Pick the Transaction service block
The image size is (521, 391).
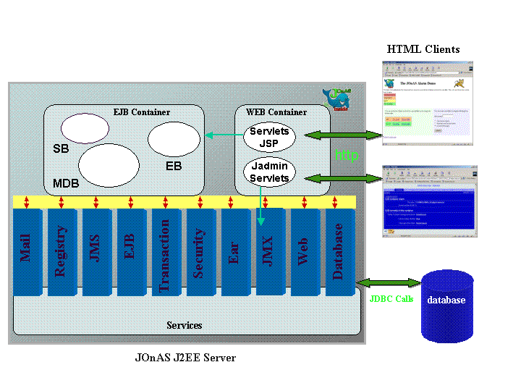click(x=165, y=253)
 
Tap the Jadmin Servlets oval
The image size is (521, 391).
click(x=269, y=173)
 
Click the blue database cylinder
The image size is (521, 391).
click(x=446, y=304)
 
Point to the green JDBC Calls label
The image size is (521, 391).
click(x=391, y=298)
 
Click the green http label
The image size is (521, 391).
click(x=346, y=156)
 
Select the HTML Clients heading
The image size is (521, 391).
click(x=423, y=49)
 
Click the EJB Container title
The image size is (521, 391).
click(x=142, y=112)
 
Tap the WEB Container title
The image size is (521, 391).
click(x=277, y=112)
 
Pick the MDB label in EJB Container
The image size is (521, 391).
click(x=66, y=183)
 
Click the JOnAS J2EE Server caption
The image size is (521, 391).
click(x=185, y=358)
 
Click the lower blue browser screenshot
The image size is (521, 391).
click(x=430, y=201)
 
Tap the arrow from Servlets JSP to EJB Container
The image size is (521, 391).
click(x=223, y=135)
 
